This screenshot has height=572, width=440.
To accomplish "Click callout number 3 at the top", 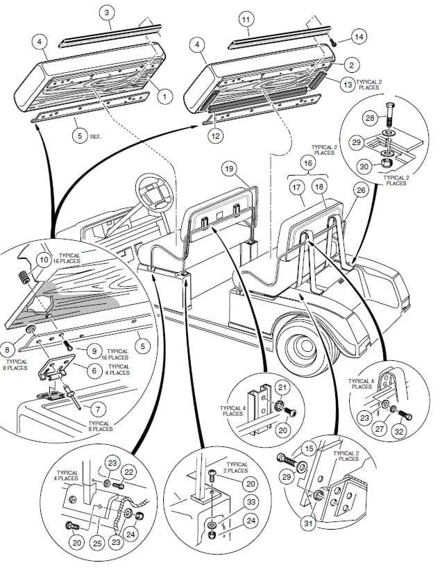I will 106,12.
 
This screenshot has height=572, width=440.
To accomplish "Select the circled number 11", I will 246,19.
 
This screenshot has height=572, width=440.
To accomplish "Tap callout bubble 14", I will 358,35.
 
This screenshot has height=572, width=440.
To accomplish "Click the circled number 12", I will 217,136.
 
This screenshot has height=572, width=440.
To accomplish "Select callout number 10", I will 44,260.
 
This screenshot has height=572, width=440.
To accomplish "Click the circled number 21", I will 282,386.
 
